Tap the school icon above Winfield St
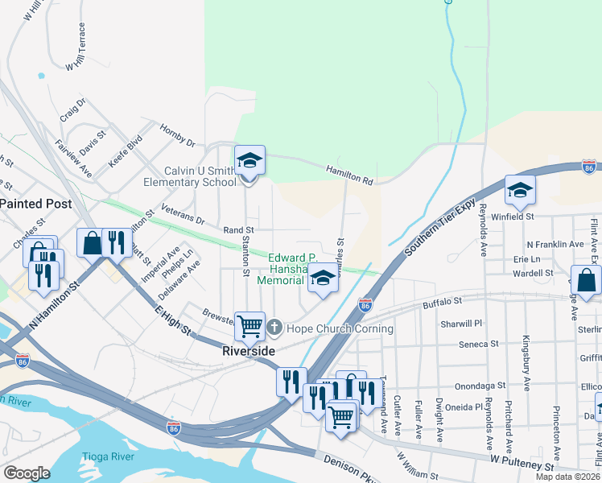click(520, 191)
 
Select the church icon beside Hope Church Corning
click(274, 328)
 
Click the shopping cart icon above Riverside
click(249, 325)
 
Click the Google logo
click(27, 473)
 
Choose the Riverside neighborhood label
click(249, 352)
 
